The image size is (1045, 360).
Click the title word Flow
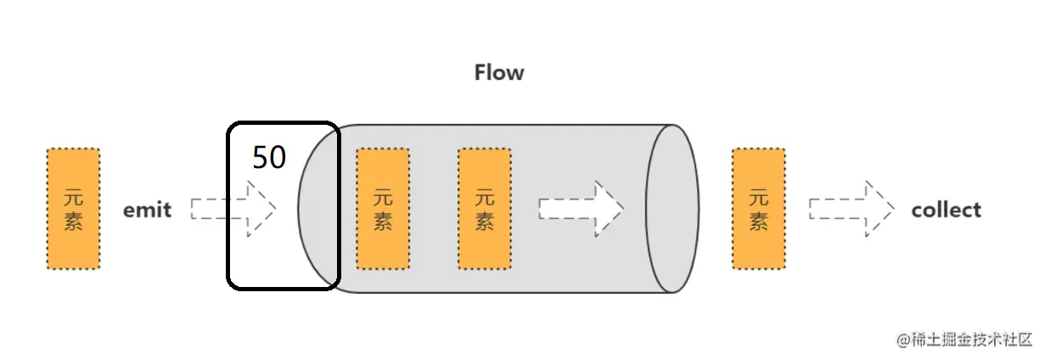(x=499, y=73)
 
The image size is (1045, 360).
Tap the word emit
(x=147, y=210)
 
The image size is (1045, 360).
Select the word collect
(x=946, y=210)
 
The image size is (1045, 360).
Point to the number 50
(x=269, y=158)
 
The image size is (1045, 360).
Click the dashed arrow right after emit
(x=233, y=209)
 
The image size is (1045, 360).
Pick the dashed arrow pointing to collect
(x=851, y=209)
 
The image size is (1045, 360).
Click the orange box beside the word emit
(x=73, y=209)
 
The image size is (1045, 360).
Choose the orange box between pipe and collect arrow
(x=758, y=209)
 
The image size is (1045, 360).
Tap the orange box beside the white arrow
(x=484, y=209)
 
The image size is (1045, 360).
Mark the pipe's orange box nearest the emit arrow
(x=383, y=209)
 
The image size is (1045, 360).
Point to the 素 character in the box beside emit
(x=73, y=222)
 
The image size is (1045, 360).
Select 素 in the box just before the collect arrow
(x=758, y=222)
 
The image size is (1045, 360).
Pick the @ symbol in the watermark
(x=902, y=339)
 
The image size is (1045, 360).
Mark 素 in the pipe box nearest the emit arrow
(x=383, y=222)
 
